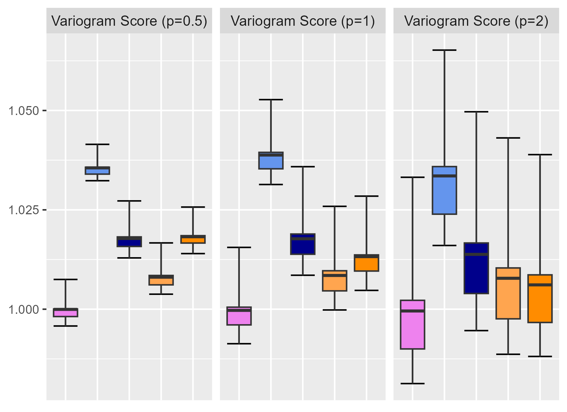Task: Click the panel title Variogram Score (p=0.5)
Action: [129, 21]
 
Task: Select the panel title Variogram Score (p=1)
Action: [303, 21]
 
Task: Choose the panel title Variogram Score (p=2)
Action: [476, 21]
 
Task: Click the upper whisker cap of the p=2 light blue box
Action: [444, 50]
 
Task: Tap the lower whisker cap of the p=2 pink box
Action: [413, 383]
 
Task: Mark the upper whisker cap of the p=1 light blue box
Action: [271, 100]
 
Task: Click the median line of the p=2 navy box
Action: [476, 254]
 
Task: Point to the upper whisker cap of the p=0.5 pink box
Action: [65, 279]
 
